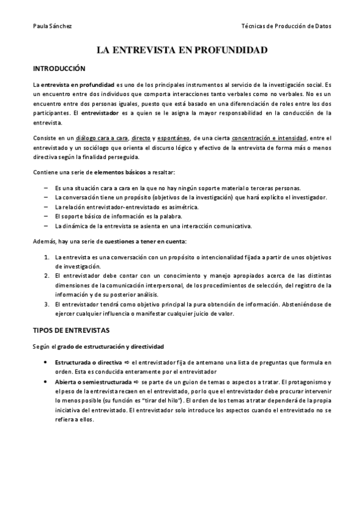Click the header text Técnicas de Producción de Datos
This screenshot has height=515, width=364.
pyautogui.click(x=286, y=26)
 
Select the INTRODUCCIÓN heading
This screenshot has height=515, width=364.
pyautogui.click(x=59, y=69)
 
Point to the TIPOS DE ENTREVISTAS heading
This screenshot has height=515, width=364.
pyautogui.click(x=70, y=331)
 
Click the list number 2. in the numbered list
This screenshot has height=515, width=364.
pyautogui.click(x=47, y=275)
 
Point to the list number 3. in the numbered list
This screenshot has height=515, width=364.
pyautogui.click(x=47, y=304)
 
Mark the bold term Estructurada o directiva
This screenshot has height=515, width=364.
pyautogui.click(x=88, y=363)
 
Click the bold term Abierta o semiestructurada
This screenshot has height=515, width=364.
pyautogui.click(x=92, y=383)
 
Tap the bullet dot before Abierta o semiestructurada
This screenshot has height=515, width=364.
pyautogui.click(x=47, y=383)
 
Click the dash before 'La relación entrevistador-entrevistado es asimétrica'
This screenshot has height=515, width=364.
pyautogui.click(x=47, y=207)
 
